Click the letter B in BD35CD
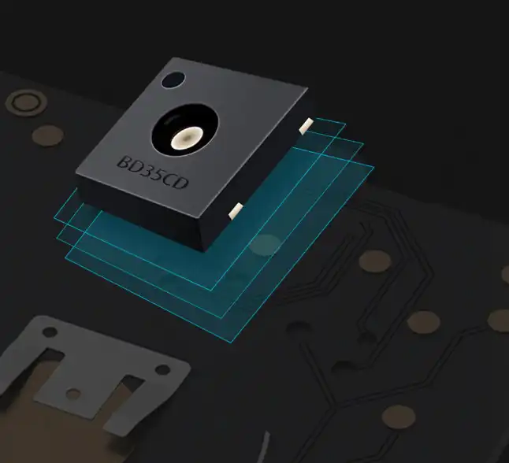pos(124,162)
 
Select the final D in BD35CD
pos(180,183)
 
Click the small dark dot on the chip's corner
pos(173,80)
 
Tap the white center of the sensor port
pos(187,137)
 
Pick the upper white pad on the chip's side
pos(307,126)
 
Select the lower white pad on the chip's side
pos(236,210)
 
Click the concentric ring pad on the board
pos(26,103)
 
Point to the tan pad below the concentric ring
pos(48,135)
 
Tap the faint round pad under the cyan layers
pos(266,245)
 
